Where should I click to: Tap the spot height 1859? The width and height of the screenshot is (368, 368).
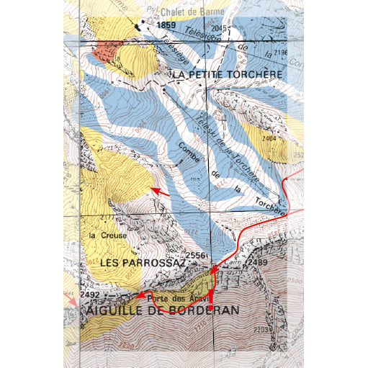[x=166, y=25]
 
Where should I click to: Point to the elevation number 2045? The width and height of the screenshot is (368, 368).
[x=220, y=28]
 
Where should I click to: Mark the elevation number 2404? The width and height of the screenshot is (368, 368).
[x=269, y=138]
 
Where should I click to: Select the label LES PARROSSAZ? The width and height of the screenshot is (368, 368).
[x=143, y=264]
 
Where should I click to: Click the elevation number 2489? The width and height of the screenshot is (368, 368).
[x=257, y=264]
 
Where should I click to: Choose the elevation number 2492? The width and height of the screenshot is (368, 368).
[x=90, y=295]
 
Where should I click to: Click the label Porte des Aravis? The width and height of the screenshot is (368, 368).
[x=177, y=298]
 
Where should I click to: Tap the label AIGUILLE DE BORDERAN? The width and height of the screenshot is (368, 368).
[x=162, y=310]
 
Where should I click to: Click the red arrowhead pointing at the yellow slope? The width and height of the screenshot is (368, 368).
[x=153, y=190]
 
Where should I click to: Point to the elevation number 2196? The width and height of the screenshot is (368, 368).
[x=281, y=53]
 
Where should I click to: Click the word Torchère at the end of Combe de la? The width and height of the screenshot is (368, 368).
[x=270, y=208]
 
